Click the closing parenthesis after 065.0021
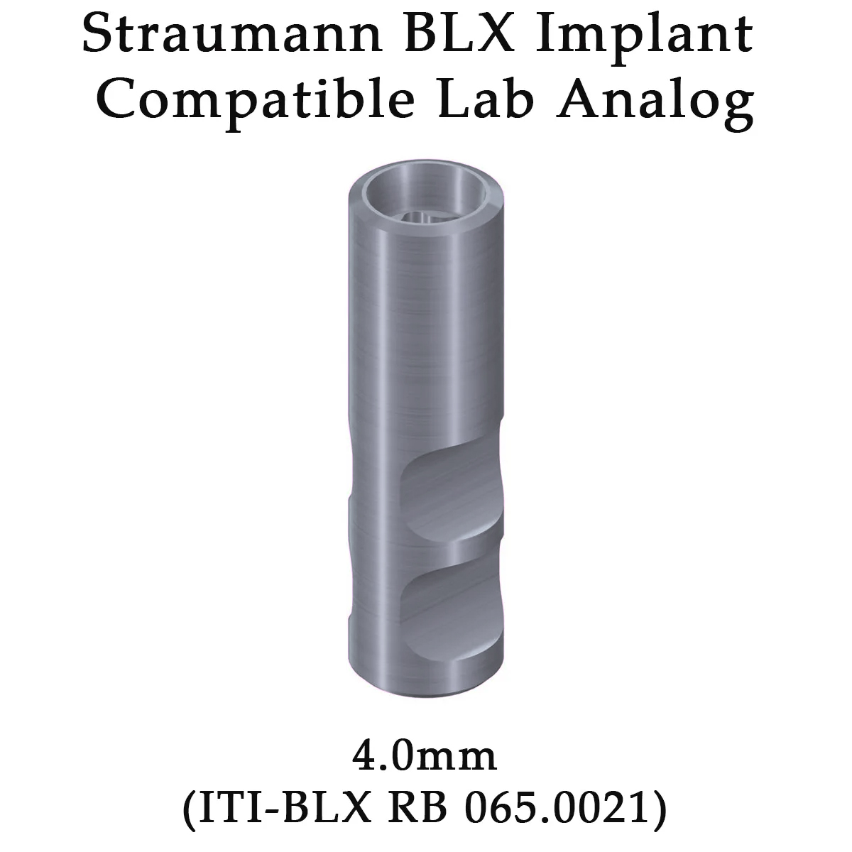658,808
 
